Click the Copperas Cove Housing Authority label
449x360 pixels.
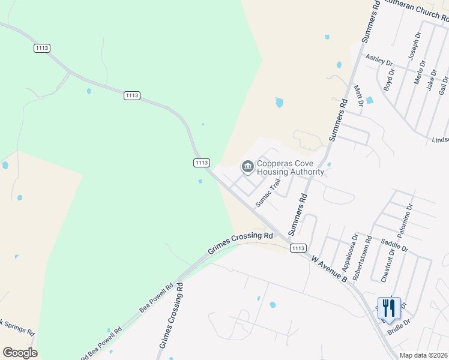(x=291, y=167)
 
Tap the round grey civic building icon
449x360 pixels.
(x=247, y=167)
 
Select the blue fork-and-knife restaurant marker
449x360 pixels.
(x=389, y=308)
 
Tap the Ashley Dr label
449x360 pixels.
(x=379, y=61)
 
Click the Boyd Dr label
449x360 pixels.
(x=390, y=80)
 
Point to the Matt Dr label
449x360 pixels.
(x=358, y=95)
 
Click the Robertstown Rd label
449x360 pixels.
(x=361, y=256)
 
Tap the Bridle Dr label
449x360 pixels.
(x=399, y=326)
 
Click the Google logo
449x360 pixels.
(x=20, y=353)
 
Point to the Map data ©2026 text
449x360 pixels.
(x=424, y=355)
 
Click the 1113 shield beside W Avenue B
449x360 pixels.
(x=298, y=248)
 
